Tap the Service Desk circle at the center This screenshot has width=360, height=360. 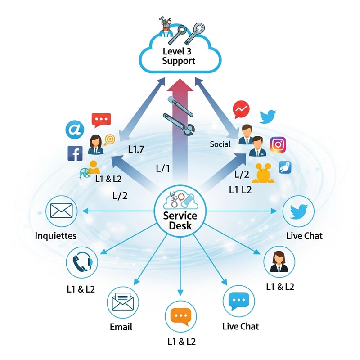click(180, 211)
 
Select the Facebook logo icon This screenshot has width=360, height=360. click(75, 153)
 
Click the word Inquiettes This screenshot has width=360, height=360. click(56, 235)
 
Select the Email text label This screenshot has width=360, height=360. click(121, 327)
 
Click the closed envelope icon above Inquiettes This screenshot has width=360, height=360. click(61, 211)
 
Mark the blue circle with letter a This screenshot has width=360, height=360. click(75, 129)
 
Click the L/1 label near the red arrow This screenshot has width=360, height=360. click(162, 169)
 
